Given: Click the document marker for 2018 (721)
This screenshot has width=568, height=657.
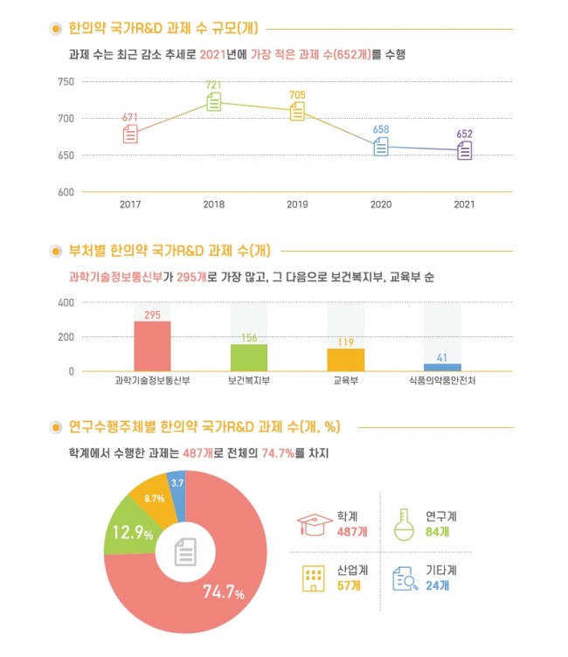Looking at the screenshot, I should [x=213, y=103].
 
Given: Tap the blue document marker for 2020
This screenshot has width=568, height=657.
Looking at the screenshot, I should [x=381, y=147].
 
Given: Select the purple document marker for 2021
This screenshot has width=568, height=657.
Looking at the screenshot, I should [x=464, y=150].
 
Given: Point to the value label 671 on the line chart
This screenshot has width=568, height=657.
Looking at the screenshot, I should [x=130, y=117].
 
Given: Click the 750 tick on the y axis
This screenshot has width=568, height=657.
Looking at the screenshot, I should [x=66, y=82].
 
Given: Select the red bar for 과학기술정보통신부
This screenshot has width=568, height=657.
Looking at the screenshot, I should [x=152, y=346].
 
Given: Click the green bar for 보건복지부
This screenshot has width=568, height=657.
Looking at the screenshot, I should [x=249, y=357].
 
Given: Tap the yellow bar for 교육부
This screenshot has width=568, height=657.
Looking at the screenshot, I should [x=345, y=360].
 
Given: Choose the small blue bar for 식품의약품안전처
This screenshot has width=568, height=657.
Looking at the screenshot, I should [x=442, y=367].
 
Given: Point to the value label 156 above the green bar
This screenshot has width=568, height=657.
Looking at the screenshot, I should [x=249, y=338].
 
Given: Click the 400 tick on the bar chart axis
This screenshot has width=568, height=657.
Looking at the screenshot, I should [x=66, y=303].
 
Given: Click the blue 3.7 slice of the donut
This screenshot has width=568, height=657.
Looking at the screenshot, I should [x=177, y=484].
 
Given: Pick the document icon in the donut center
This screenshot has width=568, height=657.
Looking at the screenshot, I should [x=185, y=551].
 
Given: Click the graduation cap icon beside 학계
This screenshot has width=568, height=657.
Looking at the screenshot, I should [x=314, y=523].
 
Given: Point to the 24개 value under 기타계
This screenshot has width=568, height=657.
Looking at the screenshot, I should [x=434, y=586].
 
